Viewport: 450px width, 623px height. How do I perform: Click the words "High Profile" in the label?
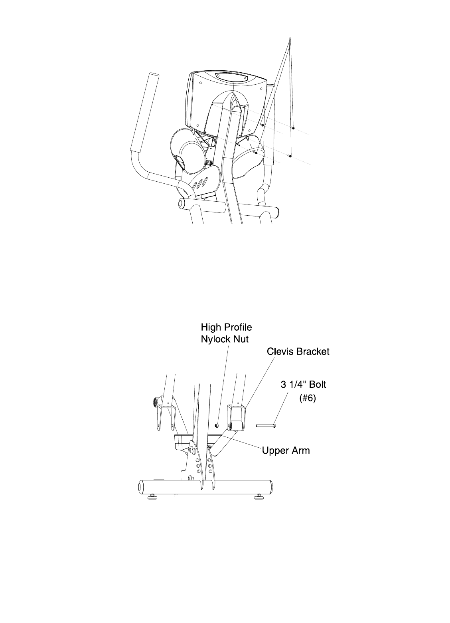coord(226,328)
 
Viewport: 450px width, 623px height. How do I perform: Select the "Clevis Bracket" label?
coord(298,352)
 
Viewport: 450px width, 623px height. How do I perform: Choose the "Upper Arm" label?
coord(286,451)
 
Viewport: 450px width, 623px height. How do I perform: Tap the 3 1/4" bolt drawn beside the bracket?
coord(266,426)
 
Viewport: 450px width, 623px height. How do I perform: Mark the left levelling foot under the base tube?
coord(152,497)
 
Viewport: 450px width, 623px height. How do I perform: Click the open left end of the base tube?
coord(140,487)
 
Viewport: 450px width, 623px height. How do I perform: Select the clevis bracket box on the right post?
coord(237,413)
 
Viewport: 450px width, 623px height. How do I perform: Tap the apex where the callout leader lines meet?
coord(289,38)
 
